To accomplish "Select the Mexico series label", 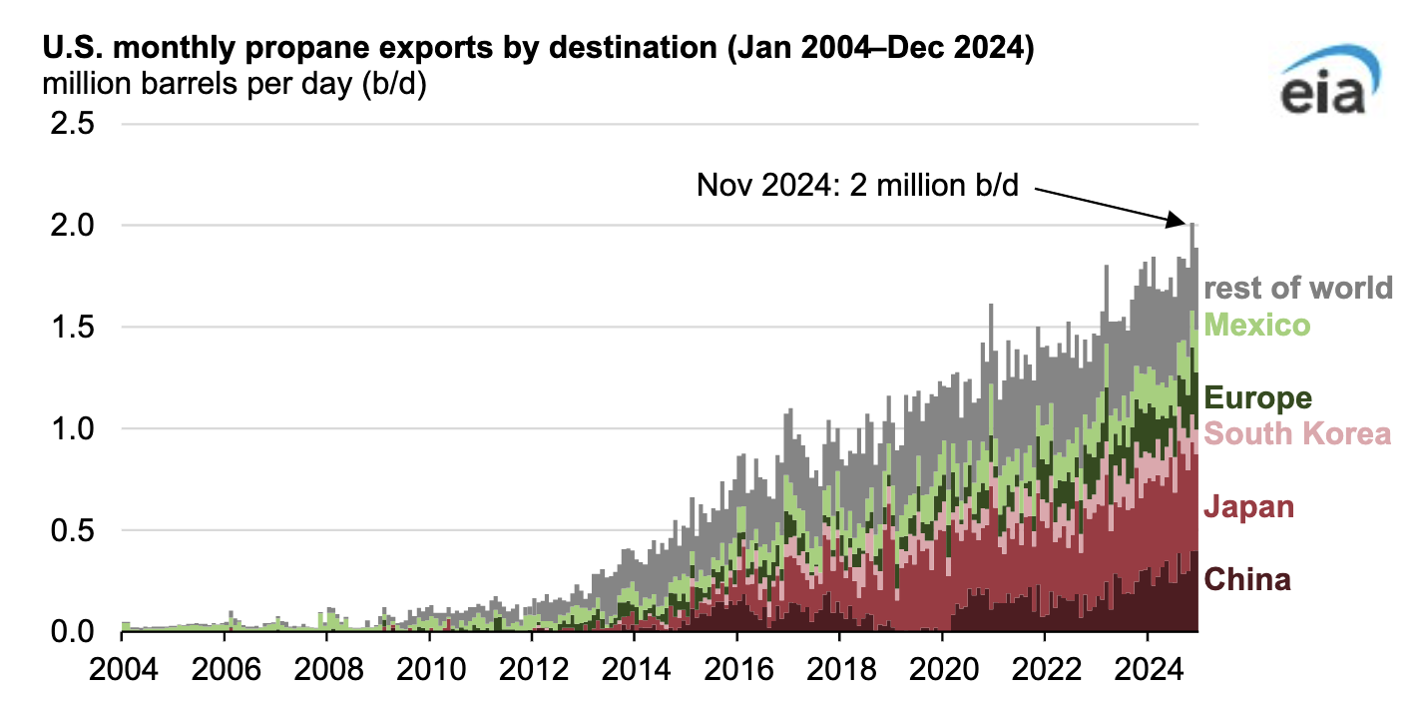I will [1257, 325].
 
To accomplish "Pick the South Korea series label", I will [1297, 434].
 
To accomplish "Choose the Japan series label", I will [1249, 507].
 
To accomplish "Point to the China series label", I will [1248, 579].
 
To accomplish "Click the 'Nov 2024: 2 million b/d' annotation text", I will [857, 185].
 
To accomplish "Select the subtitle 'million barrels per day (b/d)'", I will [235, 85].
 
